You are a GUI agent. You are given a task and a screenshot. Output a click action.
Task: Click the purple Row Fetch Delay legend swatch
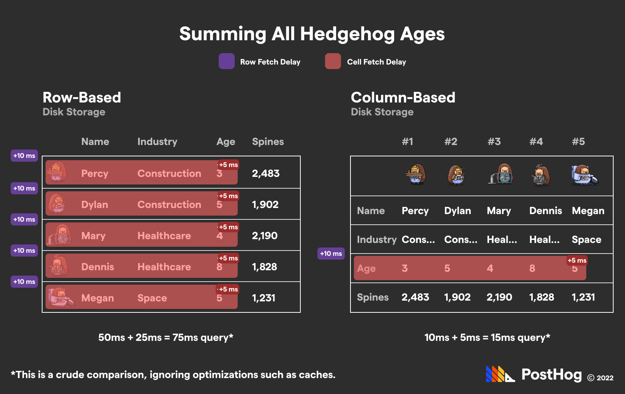(x=227, y=61)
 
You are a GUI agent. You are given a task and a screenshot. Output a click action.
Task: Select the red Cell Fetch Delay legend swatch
(x=333, y=61)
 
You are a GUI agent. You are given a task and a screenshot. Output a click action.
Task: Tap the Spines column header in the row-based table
(x=268, y=142)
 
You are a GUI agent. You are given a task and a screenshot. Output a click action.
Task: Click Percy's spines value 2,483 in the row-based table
(x=265, y=173)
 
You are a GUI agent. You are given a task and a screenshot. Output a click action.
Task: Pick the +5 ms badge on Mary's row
(x=228, y=227)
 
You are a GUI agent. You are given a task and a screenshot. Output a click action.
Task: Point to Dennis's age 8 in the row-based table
(x=219, y=267)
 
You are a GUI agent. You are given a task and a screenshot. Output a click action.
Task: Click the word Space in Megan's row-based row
(x=152, y=298)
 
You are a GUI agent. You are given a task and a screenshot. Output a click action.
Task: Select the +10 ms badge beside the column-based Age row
(x=331, y=254)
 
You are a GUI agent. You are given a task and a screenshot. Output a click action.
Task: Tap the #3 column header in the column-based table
(x=494, y=142)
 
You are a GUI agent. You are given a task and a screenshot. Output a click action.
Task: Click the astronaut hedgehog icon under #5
(x=584, y=175)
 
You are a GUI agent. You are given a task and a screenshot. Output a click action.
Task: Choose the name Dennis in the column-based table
(x=545, y=211)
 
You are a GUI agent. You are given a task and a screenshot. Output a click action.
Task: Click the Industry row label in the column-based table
(x=376, y=240)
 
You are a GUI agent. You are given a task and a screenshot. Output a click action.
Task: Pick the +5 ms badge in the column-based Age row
(x=577, y=260)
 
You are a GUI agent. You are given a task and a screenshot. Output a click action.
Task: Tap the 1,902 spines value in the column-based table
(x=457, y=297)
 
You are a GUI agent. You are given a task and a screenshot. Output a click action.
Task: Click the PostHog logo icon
(x=500, y=374)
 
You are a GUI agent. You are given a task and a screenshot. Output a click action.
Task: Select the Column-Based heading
(x=403, y=98)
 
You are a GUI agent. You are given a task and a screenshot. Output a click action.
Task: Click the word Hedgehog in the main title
(x=347, y=34)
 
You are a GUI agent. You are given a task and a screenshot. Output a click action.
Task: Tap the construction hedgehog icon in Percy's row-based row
(x=57, y=173)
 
